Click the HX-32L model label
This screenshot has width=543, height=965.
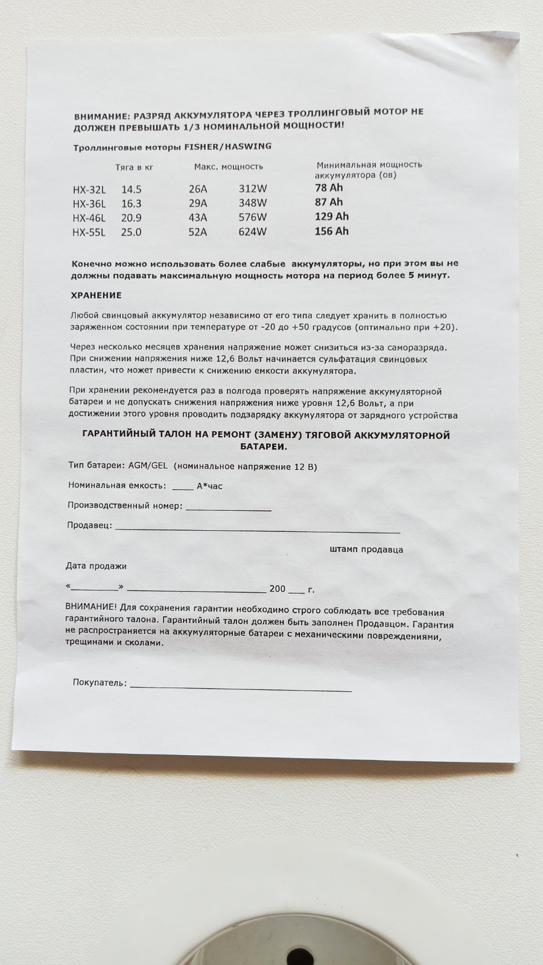point(89,189)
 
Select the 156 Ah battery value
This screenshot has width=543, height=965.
point(332,231)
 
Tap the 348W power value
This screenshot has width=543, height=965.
point(253,203)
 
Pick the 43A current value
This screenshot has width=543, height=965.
point(198,218)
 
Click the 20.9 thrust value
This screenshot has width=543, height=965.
point(132,218)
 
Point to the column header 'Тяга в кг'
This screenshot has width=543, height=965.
point(135,167)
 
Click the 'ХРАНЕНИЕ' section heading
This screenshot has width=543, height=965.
point(97,295)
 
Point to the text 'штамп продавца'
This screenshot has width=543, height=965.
point(367,549)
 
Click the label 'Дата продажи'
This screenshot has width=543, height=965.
point(96,566)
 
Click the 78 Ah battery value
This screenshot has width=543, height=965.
point(329,188)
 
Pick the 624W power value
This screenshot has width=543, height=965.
point(253,232)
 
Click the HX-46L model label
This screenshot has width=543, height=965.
point(89,218)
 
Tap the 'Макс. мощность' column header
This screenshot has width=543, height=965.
point(229,166)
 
